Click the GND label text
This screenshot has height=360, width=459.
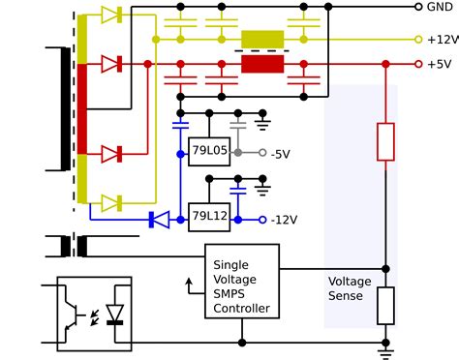click(439, 7)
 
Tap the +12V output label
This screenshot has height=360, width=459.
click(441, 40)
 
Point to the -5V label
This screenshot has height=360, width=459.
click(280, 154)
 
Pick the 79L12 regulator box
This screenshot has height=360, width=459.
click(209, 216)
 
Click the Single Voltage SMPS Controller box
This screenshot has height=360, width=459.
click(241, 281)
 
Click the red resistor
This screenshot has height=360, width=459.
click(385, 141)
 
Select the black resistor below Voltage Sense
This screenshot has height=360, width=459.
click(385, 305)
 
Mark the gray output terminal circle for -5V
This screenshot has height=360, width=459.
click(262, 154)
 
